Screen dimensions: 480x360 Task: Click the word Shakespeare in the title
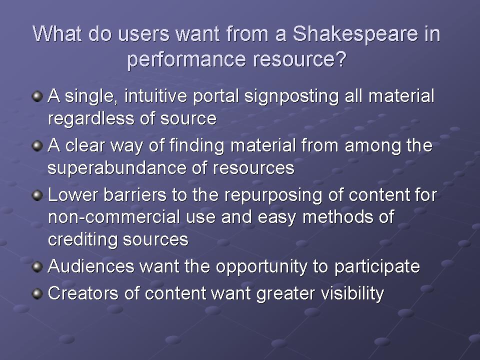[x=355, y=34]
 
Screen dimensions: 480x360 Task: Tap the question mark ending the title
[x=340, y=59]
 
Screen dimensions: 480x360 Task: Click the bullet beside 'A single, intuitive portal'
[x=37, y=96]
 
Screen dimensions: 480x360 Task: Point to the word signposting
[x=291, y=97]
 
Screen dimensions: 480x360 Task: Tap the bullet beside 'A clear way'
[x=37, y=145]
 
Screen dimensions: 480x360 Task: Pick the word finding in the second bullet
[x=197, y=146]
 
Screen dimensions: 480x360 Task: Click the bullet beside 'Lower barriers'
[x=37, y=195]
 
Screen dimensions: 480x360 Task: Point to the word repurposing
[x=273, y=196]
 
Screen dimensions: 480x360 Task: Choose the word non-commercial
[x=114, y=217]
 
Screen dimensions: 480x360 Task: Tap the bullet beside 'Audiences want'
[x=37, y=266]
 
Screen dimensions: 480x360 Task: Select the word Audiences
[x=91, y=266]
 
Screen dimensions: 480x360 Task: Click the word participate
[x=377, y=267]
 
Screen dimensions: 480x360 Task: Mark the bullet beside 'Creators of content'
[x=37, y=293]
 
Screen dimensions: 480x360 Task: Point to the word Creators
[x=83, y=293]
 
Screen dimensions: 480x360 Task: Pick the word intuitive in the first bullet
[x=155, y=96]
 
